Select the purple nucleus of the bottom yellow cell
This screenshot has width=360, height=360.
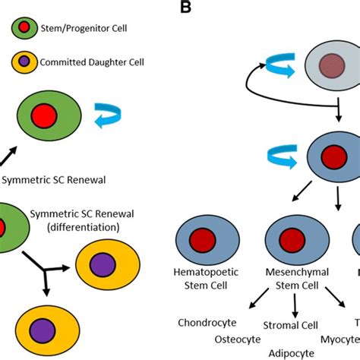point(44,333)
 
